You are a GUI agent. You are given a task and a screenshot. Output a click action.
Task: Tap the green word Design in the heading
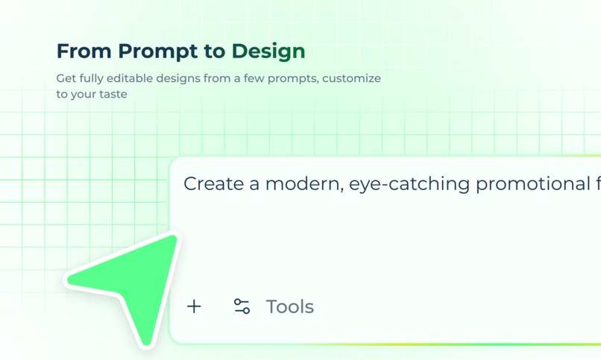tap(268, 51)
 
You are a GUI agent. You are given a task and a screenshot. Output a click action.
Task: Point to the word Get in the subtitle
tap(66, 78)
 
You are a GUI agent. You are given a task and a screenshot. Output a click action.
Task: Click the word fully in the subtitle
tap(93, 78)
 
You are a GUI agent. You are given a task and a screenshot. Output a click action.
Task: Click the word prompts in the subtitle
tap(294, 78)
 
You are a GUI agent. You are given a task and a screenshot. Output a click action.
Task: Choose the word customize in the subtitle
tap(351, 78)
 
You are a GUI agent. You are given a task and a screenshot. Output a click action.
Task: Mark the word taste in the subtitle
tap(113, 94)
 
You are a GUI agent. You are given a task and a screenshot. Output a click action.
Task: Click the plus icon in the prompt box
tap(194, 306)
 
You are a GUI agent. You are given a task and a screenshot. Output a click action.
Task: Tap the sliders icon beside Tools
tap(242, 306)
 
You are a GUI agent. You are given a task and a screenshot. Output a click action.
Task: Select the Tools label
tap(290, 306)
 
